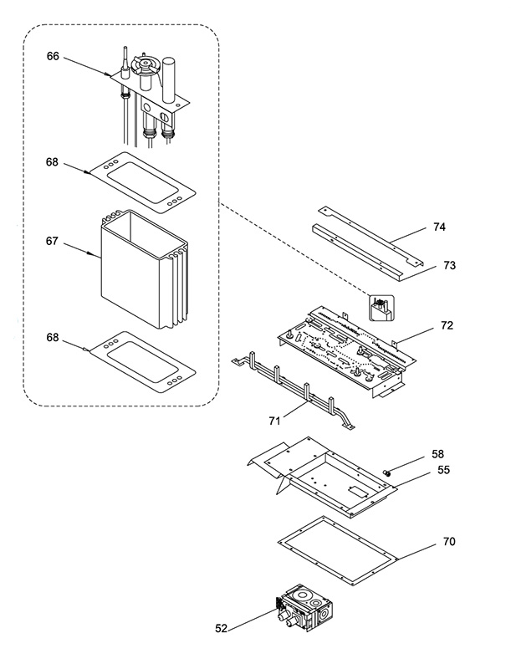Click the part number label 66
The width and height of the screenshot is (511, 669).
(53, 56)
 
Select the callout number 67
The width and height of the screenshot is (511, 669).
(52, 241)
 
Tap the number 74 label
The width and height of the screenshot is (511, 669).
(439, 227)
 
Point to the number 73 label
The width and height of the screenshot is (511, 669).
(449, 265)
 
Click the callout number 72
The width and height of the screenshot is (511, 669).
(447, 325)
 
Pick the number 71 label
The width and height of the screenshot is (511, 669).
(274, 421)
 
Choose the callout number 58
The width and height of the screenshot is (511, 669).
(437, 454)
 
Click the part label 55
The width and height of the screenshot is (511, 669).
(443, 470)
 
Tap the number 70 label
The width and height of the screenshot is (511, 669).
(449, 541)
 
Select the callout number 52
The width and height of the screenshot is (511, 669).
(221, 628)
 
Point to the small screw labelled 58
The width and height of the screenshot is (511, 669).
(387, 472)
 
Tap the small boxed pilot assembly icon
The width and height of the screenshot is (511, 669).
(381, 308)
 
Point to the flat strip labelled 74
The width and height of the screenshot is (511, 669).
(370, 237)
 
